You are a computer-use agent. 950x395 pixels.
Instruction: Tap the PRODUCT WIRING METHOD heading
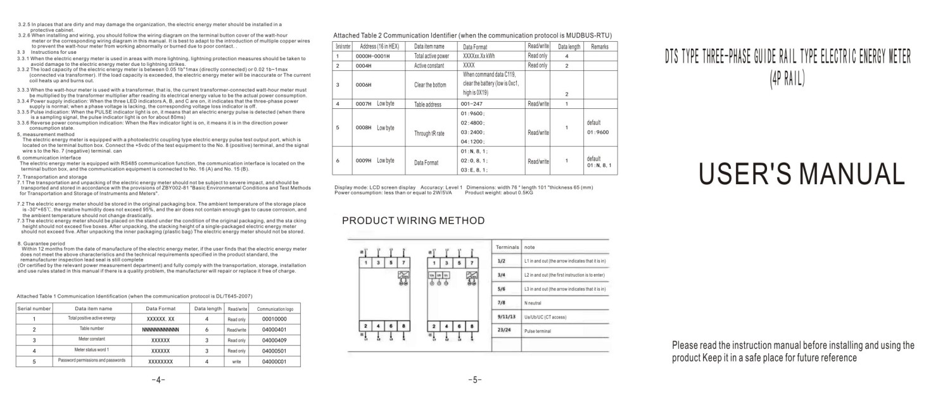(x=413, y=220)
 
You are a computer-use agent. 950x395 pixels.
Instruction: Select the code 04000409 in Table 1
(x=274, y=340)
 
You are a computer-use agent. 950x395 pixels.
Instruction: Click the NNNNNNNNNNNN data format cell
(x=160, y=330)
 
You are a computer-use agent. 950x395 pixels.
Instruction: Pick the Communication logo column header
(x=274, y=308)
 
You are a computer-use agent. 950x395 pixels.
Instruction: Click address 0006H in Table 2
(x=364, y=85)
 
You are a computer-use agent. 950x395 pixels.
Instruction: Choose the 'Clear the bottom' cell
(x=430, y=85)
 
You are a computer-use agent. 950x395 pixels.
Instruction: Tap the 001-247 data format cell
(x=474, y=104)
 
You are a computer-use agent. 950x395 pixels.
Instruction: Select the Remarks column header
(x=598, y=47)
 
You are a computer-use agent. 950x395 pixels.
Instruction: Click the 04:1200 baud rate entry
(x=473, y=141)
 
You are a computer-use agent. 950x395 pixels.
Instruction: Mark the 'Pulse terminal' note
(x=538, y=330)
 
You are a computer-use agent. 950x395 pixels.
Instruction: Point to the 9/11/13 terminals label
(x=507, y=316)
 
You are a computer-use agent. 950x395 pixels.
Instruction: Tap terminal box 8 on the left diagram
(x=403, y=325)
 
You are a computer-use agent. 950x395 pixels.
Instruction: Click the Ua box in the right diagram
(x=431, y=275)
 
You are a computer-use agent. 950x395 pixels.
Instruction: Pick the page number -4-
(x=158, y=380)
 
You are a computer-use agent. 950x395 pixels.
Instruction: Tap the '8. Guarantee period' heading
(x=41, y=243)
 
